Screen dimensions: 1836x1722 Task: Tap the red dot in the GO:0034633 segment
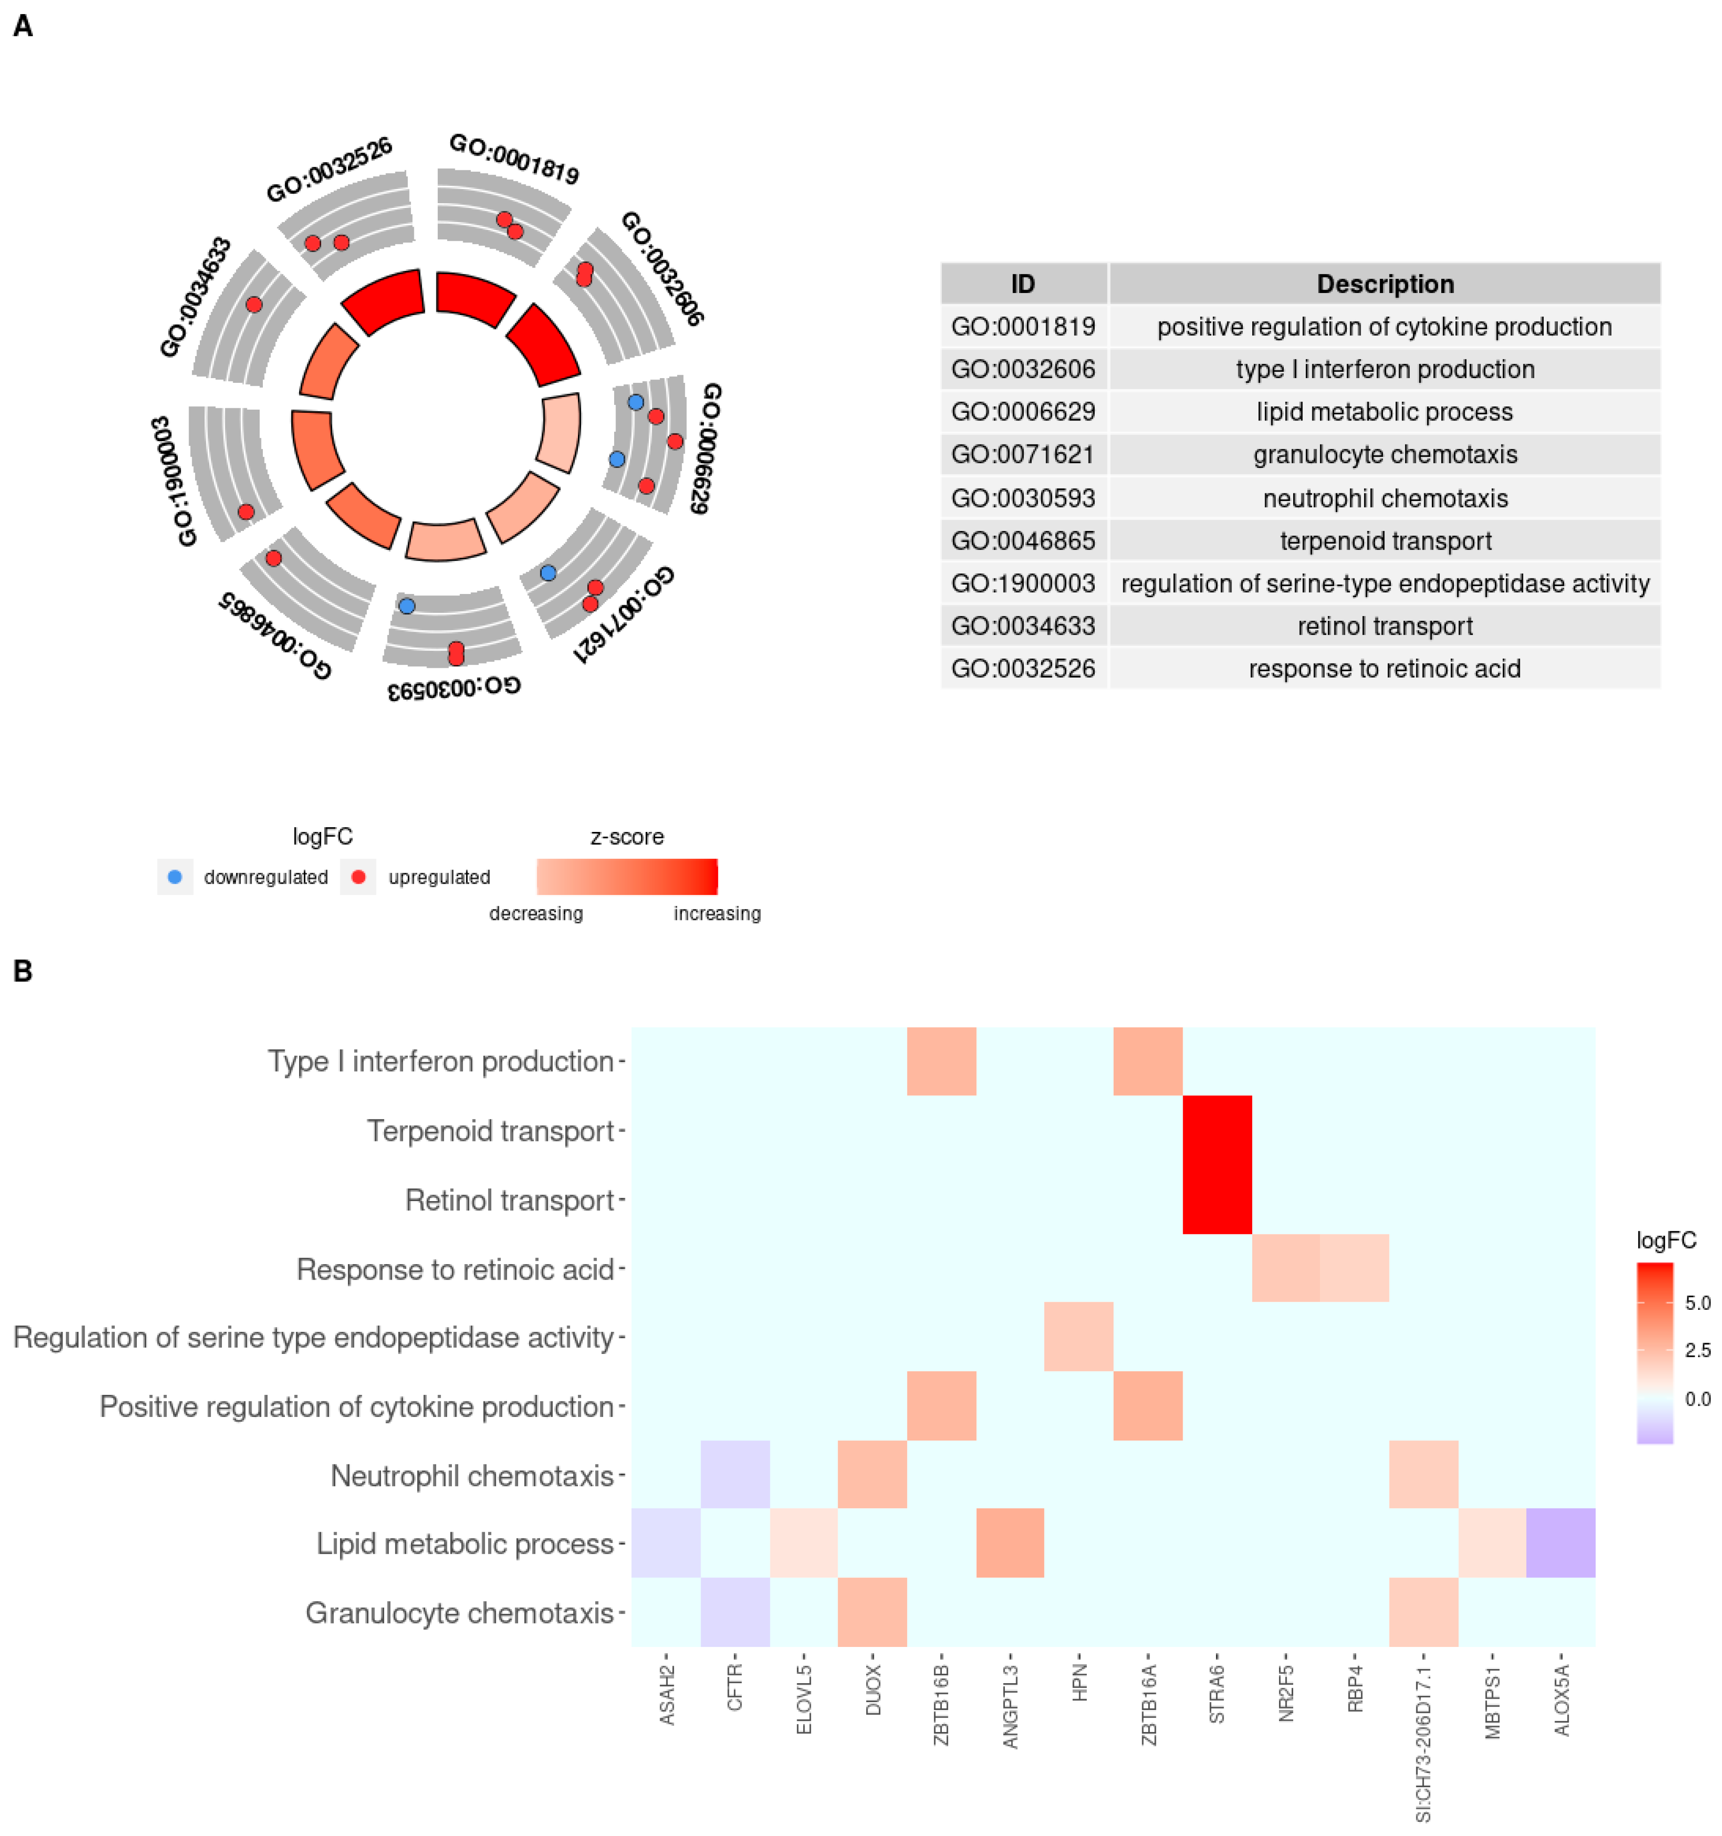(254, 305)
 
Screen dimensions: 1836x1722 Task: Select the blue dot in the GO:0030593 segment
(407, 606)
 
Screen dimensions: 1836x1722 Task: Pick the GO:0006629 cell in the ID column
(1023, 412)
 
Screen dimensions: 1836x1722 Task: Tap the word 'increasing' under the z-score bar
(717, 913)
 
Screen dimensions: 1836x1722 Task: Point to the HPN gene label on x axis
(1079, 1683)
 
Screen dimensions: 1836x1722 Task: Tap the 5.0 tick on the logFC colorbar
(1697, 1303)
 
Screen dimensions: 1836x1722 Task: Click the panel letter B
(23, 972)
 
